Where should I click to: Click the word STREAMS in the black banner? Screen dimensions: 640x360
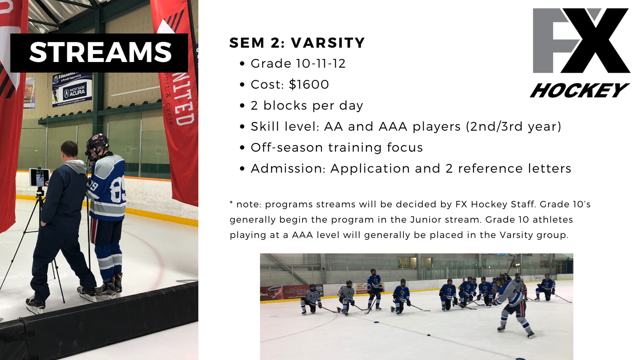pos(100,52)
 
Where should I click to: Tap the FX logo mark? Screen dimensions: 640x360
pos(581,40)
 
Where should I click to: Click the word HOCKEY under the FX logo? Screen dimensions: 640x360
pos(580,90)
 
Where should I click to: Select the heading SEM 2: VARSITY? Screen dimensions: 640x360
pos(297,42)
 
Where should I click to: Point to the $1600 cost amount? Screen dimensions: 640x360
pos(309,84)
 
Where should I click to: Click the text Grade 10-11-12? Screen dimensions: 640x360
pos(298,64)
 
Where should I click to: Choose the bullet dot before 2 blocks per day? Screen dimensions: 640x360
pos(242,106)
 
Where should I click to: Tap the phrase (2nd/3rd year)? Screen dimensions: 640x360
pos(514,126)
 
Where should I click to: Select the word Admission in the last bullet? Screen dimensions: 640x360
pos(288,168)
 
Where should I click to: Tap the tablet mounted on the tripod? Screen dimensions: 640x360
pos(40,178)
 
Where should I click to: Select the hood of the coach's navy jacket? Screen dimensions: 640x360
pos(75,166)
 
